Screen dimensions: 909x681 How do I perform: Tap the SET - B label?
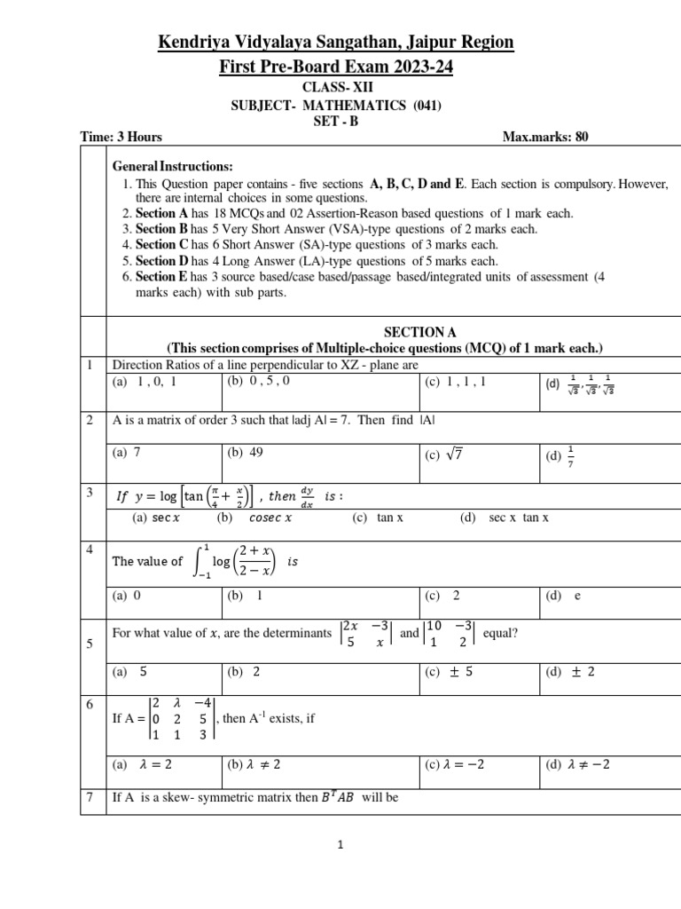point(335,122)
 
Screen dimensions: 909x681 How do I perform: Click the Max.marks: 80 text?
point(544,137)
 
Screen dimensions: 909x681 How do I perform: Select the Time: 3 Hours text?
point(121,137)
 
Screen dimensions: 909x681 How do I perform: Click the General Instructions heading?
point(172,167)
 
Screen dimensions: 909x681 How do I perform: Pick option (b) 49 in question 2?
point(246,452)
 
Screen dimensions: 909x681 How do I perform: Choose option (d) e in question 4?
point(563,596)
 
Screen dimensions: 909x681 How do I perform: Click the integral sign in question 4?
point(198,560)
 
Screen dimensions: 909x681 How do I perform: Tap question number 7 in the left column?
point(90,796)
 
